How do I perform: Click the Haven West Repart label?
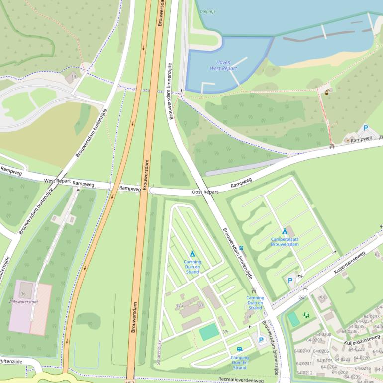coord(223,65)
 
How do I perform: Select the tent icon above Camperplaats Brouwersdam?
coord(285,232)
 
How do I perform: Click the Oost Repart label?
coord(205,191)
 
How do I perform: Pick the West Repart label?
coord(57,181)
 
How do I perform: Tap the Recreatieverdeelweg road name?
coord(241,380)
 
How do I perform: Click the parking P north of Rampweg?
coord(365,128)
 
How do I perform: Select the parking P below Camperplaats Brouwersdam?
coord(290,281)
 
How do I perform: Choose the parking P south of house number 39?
coord(261,340)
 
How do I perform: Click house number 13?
coord(74,76)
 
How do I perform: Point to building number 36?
coord(23,294)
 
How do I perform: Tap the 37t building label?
coord(225,332)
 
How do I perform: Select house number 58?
coord(322,298)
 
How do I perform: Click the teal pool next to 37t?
coord(209,331)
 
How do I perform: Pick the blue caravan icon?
coord(240,349)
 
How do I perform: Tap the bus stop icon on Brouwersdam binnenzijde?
coord(241,248)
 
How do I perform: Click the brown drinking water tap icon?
coord(327,91)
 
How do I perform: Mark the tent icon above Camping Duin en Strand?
coord(192,254)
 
